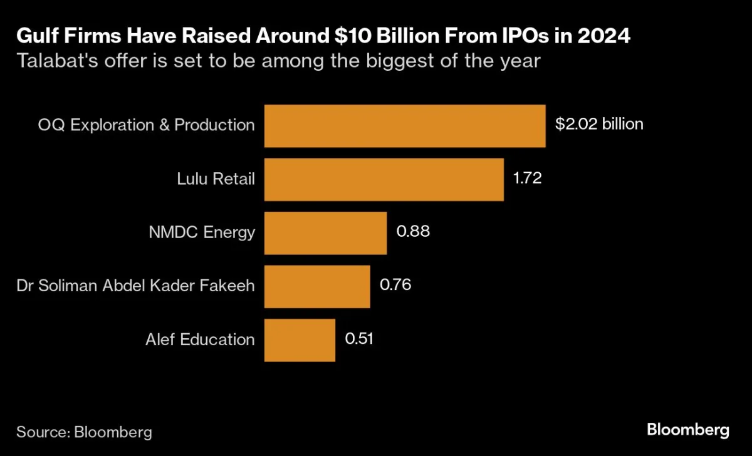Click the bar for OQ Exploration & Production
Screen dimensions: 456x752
(405, 126)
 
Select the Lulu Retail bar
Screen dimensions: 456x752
(384, 179)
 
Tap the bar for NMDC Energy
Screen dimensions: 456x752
(325, 233)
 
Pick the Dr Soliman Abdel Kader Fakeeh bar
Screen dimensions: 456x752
(317, 286)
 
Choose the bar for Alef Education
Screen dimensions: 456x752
(300, 340)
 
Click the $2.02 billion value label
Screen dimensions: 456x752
(599, 124)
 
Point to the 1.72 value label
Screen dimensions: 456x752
(527, 178)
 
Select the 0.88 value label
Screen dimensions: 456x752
(412, 232)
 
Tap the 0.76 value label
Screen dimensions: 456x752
(395, 285)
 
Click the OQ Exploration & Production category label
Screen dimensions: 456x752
(146, 125)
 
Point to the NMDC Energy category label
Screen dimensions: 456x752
(202, 232)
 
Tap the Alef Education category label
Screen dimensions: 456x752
(200, 339)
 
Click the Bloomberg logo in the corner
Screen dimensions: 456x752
(687, 430)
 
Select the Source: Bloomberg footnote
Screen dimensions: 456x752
(84, 432)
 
